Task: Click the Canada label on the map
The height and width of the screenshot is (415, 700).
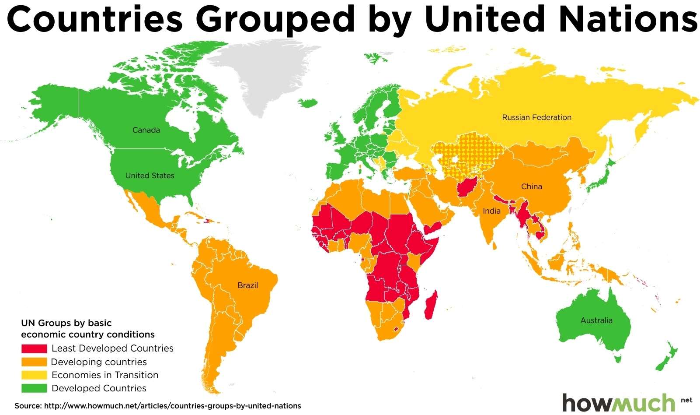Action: pyautogui.click(x=146, y=130)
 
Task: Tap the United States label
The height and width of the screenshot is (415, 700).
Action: pyautogui.click(x=150, y=176)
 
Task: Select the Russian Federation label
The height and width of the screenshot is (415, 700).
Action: pyautogui.click(x=536, y=117)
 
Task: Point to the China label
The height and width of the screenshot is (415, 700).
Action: pyautogui.click(x=531, y=186)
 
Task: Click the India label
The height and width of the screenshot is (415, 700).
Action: pyautogui.click(x=491, y=211)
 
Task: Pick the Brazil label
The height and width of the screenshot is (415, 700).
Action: pyautogui.click(x=247, y=285)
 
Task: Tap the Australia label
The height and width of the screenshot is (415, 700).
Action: pyautogui.click(x=596, y=320)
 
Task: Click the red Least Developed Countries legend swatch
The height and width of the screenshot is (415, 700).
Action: pyautogui.click(x=34, y=348)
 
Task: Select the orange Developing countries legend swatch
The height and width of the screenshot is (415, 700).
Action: pyautogui.click(x=34, y=362)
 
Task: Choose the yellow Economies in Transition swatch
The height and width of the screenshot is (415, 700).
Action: pyautogui.click(x=34, y=375)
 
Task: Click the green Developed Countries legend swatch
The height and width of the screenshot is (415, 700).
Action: pyautogui.click(x=34, y=388)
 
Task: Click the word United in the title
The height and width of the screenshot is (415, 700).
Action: pyautogui.click(x=484, y=19)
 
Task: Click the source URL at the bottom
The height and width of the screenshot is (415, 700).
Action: pyautogui.click(x=172, y=406)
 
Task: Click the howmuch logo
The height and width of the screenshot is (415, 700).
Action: pyautogui.click(x=619, y=402)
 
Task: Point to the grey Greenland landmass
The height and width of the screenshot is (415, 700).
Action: pyautogui.click(x=262, y=74)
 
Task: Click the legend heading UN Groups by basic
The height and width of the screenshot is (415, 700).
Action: pyautogui.click(x=66, y=323)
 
